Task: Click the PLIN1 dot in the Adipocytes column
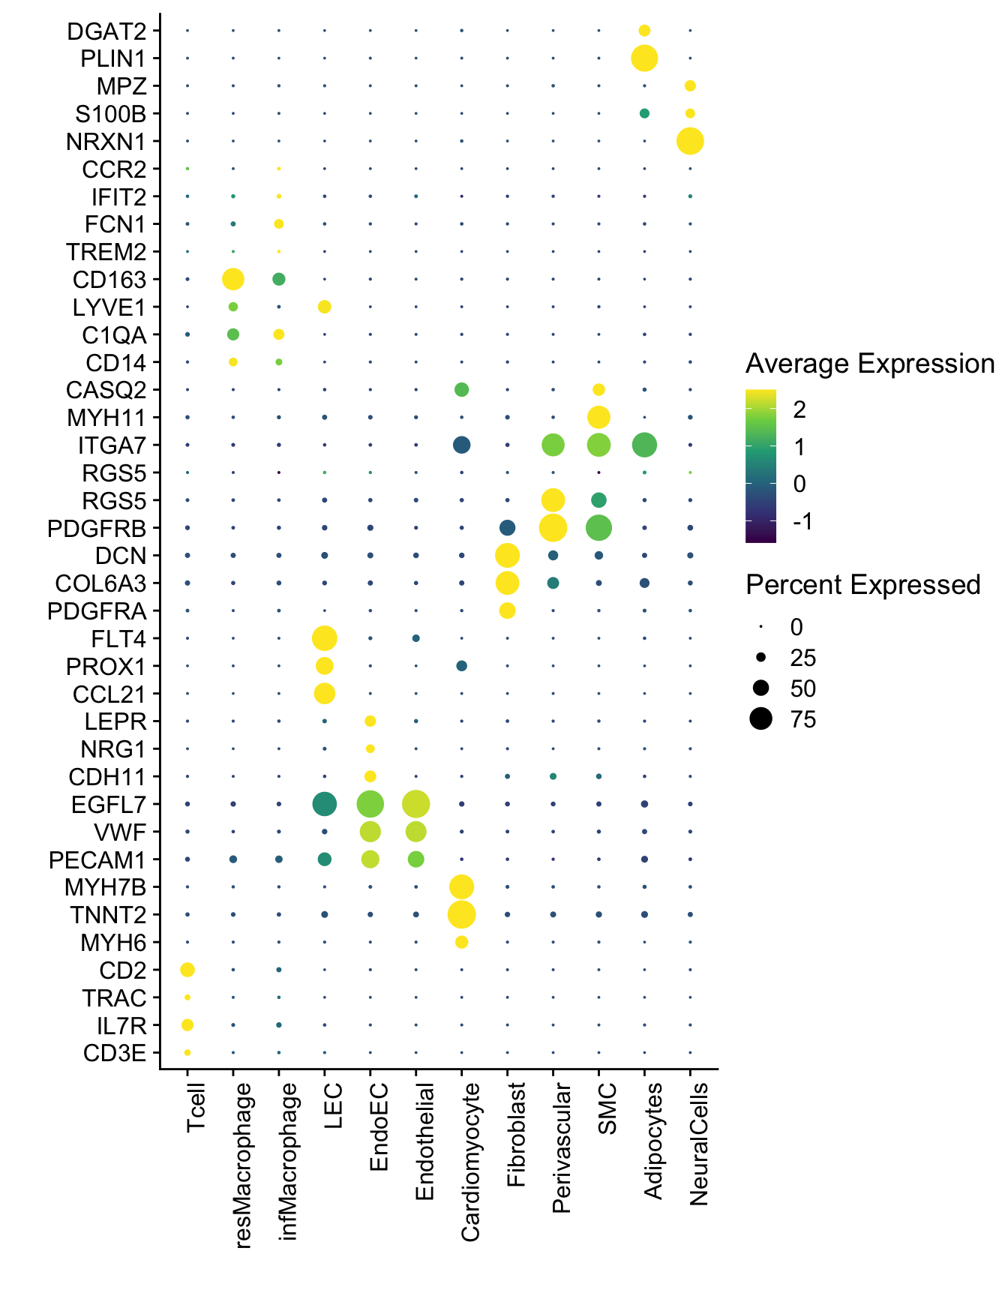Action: pos(644,58)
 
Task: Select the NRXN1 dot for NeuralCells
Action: pos(690,141)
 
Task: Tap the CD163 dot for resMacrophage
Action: pos(233,279)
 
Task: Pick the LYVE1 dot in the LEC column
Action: pos(325,307)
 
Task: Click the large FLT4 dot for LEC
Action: pos(324,639)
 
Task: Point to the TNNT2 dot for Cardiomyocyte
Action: pos(461,915)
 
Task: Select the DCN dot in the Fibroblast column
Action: pos(507,556)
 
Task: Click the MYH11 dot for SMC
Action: pos(598,417)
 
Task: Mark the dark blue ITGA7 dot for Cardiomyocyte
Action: pos(461,445)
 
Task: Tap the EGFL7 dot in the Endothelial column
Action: pos(415,804)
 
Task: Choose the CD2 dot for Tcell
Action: pos(187,970)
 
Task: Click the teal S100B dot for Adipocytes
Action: pos(644,113)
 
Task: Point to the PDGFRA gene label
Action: pos(97,612)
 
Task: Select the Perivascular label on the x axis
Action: pos(561,1147)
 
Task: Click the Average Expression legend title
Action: pos(869,364)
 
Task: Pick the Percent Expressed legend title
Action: pos(862,585)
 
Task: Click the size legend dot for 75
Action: pos(760,720)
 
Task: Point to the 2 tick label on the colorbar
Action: pos(799,409)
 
